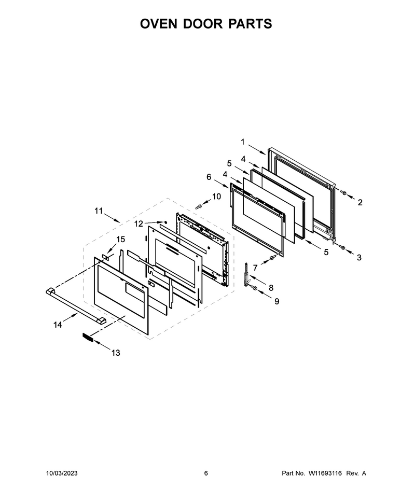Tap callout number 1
click(243, 142)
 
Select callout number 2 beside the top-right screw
click(360, 202)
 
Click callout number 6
click(209, 177)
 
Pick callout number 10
click(217, 197)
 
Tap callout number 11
click(99, 211)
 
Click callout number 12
click(139, 223)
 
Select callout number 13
click(116, 353)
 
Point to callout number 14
click(58, 325)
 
